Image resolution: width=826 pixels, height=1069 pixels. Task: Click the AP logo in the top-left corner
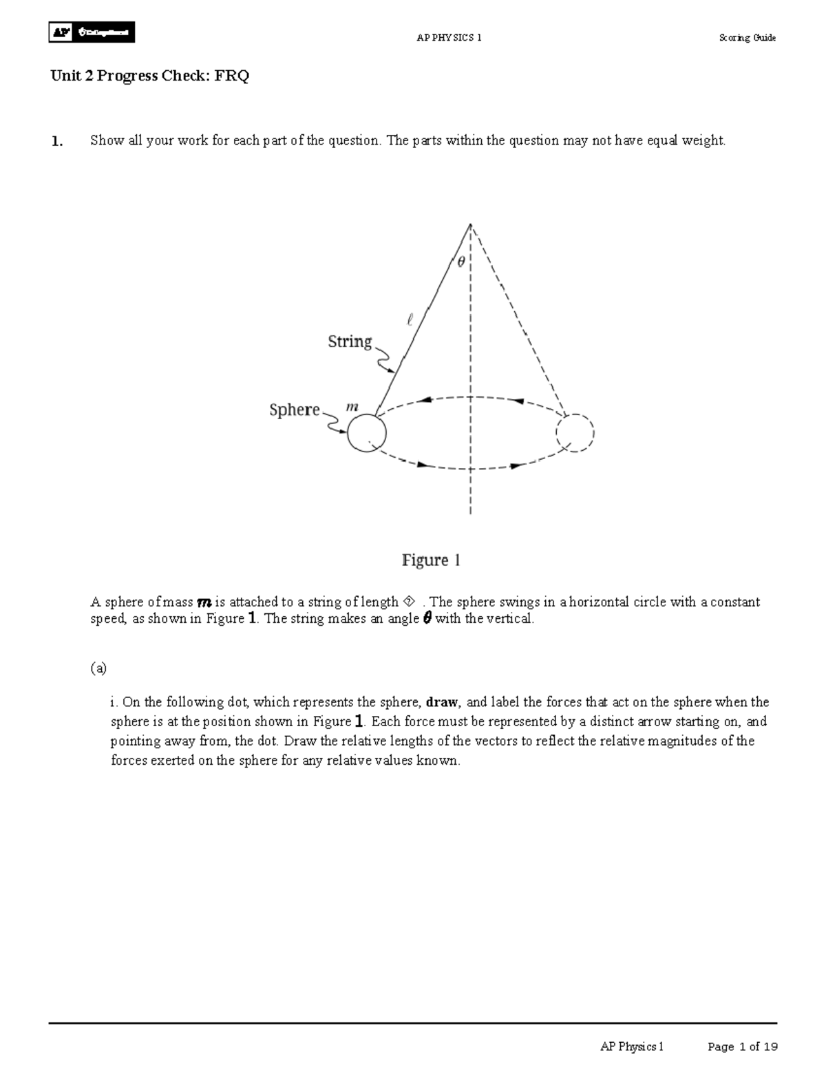click(x=91, y=32)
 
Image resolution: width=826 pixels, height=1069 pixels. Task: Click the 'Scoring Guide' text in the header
click(x=747, y=38)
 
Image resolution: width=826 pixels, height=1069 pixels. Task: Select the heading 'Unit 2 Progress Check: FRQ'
click(x=149, y=76)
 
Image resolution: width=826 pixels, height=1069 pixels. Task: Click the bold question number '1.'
click(x=56, y=141)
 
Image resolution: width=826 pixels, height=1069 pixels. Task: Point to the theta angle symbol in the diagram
click(x=460, y=262)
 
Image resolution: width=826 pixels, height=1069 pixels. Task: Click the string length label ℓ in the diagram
click(x=410, y=319)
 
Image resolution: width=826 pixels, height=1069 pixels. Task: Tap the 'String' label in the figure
click(x=350, y=341)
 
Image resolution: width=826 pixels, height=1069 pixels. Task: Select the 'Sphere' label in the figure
click(x=295, y=410)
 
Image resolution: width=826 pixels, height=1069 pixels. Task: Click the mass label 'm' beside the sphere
click(x=352, y=407)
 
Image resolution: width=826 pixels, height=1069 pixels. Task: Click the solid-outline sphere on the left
click(x=367, y=434)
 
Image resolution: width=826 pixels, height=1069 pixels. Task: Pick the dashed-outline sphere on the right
click(x=574, y=434)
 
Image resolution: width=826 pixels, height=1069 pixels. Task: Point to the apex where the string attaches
click(x=470, y=224)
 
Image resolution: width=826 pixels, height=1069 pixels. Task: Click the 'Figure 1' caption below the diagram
click(x=431, y=560)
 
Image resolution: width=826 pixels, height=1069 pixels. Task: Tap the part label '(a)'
click(x=98, y=668)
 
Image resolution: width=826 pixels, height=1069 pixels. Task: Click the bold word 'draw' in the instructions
click(x=442, y=703)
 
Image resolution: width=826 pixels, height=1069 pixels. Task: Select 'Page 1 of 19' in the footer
click(x=743, y=1047)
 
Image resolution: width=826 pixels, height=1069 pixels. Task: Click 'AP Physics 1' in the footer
click(x=632, y=1047)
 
